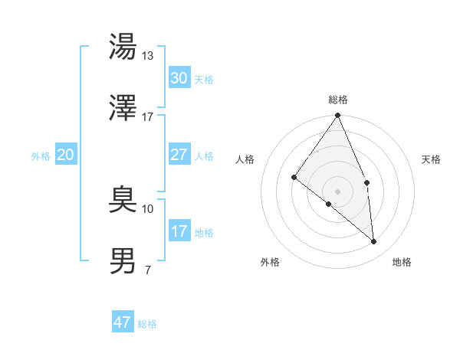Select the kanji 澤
click(123, 109)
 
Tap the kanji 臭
click(123, 201)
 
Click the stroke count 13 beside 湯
click(148, 55)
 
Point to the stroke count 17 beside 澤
click(148, 116)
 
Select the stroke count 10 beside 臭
click(148, 208)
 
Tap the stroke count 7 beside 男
click(147, 270)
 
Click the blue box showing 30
click(179, 78)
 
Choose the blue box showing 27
click(179, 155)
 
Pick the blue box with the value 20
click(65, 155)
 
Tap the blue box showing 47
click(122, 322)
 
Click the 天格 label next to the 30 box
click(204, 79)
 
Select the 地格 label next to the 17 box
click(204, 232)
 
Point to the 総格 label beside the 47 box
click(147, 323)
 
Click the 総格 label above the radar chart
click(338, 100)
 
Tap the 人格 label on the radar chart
click(245, 159)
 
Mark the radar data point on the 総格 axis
click(338, 116)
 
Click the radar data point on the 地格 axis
click(373, 241)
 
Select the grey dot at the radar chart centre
click(338, 191)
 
